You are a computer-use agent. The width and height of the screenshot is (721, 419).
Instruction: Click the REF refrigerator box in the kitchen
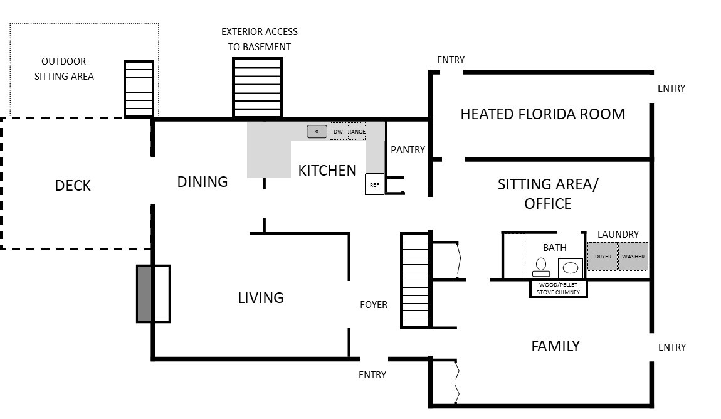click(374, 184)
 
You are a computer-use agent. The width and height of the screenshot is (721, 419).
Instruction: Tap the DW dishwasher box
click(339, 131)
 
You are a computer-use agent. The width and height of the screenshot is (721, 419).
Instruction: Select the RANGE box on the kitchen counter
click(357, 131)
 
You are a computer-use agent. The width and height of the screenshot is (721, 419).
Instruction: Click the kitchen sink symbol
click(317, 132)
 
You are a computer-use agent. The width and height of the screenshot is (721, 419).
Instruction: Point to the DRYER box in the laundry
click(603, 256)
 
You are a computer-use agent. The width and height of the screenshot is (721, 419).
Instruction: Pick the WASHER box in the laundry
click(633, 256)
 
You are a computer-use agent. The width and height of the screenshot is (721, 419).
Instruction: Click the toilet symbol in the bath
click(541, 267)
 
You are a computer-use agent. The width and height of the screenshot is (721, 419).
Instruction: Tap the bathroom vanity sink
click(571, 268)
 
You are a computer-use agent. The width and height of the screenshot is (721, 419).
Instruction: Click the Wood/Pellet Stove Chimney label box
click(558, 289)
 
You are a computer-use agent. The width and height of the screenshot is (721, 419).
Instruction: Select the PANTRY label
click(408, 149)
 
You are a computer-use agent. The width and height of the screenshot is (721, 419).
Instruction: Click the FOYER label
click(374, 304)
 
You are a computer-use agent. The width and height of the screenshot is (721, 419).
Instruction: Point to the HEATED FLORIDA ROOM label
click(542, 114)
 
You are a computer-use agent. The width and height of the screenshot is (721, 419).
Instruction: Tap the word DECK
click(73, 186)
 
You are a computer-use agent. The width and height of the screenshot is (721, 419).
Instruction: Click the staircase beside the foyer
click(415, 280)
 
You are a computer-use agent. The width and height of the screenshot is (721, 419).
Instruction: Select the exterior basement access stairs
click(257, 87)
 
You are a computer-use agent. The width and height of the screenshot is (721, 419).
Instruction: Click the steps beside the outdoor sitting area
click(139, 89)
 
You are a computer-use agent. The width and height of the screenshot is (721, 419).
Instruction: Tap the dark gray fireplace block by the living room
click(144, 294)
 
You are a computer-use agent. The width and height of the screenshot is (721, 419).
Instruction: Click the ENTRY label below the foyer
click(372, 375)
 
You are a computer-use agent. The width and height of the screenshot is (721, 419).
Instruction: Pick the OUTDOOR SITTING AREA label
click(64, 68)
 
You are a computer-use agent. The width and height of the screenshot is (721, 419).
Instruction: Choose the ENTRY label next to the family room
click(672, 347)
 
